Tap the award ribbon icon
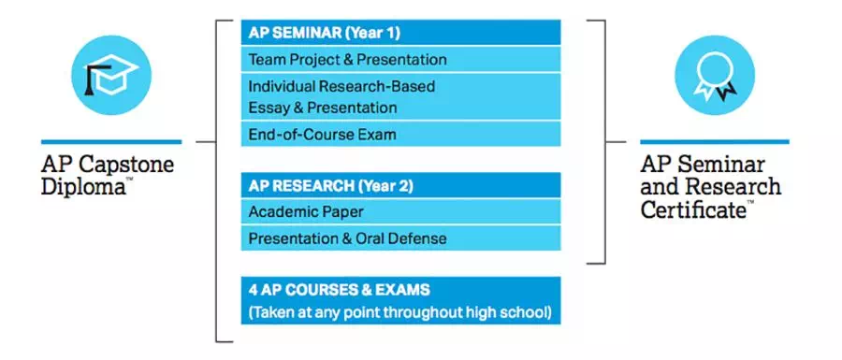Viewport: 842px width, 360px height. tap(715, 75)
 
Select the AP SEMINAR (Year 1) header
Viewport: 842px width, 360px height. tap(400, 33)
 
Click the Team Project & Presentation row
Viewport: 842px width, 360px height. tap(400, 59)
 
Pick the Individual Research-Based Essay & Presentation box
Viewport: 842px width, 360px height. tap(400, 96)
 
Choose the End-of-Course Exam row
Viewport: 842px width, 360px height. tap(400, 134)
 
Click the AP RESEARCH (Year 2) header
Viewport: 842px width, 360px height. tap(400, 185)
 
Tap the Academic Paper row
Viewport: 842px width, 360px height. tap(400, 211)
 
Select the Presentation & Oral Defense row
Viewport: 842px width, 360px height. tap(400, 238)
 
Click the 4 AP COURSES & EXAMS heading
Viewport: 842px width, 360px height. tap(340, 290)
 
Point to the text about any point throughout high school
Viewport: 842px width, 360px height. tap(400, 312)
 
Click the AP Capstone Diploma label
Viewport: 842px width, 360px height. tap(108, 176)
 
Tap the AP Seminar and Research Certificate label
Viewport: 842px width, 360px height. tap(710, 187)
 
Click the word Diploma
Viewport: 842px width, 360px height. tap(83, 187)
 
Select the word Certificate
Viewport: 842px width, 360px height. tap(693, 209)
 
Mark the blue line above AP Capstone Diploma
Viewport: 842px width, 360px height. tap(111, 141)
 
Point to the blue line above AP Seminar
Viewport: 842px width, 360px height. tap(715, 141)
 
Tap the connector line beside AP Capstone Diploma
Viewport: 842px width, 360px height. tap(206, 142)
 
